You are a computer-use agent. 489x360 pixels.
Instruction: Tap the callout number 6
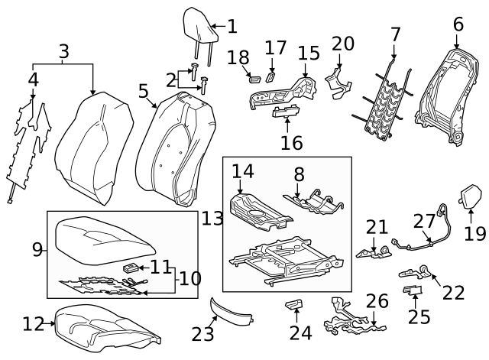tap(458, 24)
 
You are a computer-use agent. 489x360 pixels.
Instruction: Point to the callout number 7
tap(395, 34)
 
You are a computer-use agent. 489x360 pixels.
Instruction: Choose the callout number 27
tap(424, 221)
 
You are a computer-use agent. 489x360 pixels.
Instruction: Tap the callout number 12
tap(33, 324)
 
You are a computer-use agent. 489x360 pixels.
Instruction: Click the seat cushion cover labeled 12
tap(107, 323)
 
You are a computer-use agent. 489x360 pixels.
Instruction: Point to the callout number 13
tap(212, 219)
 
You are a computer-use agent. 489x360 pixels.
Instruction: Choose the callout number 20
tap(343, 44)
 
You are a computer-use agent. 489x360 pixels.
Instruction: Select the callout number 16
tap(291, 142)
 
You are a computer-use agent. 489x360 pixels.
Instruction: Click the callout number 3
tap(64, 52)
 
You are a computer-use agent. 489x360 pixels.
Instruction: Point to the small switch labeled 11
tap(131, 268)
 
